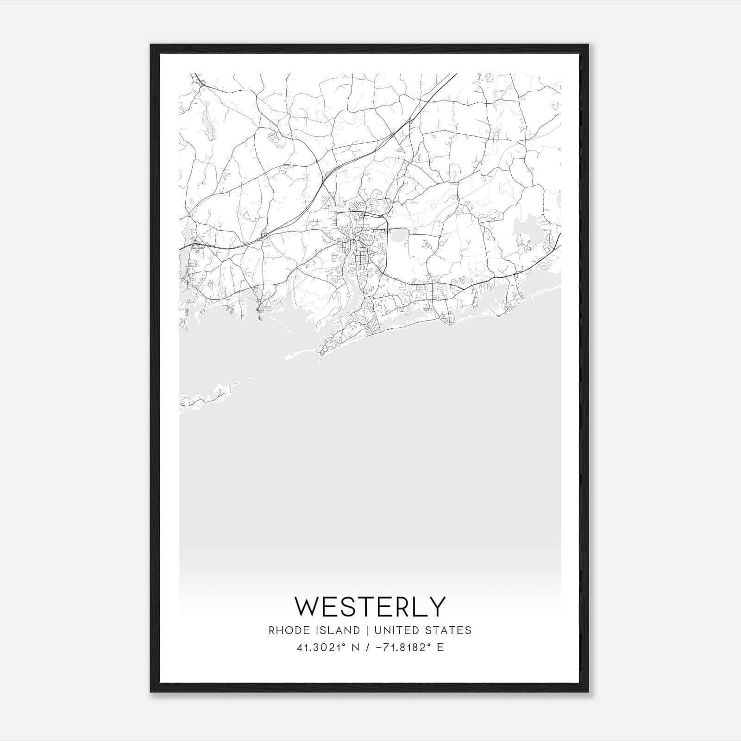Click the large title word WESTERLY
[x=370, y=607]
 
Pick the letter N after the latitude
[x=356, y=647]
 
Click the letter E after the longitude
[x=440, y=647]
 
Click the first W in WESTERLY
[x=307, y=607]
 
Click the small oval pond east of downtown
[x=398, y=236]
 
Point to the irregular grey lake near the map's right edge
[x=528, y=229]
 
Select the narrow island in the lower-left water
[x=208, y=396]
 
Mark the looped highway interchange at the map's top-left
[x=202, y=83]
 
